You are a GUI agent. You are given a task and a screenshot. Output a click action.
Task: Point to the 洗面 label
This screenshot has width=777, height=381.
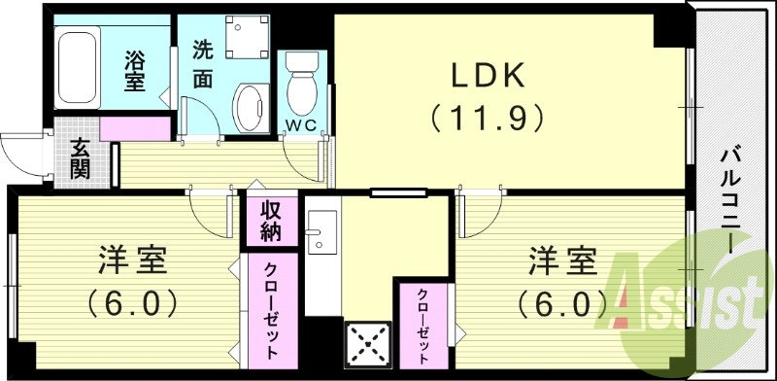click(x=203, y=63)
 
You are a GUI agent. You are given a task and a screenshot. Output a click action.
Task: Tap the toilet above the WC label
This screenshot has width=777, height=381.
click(x=300, y=82)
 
